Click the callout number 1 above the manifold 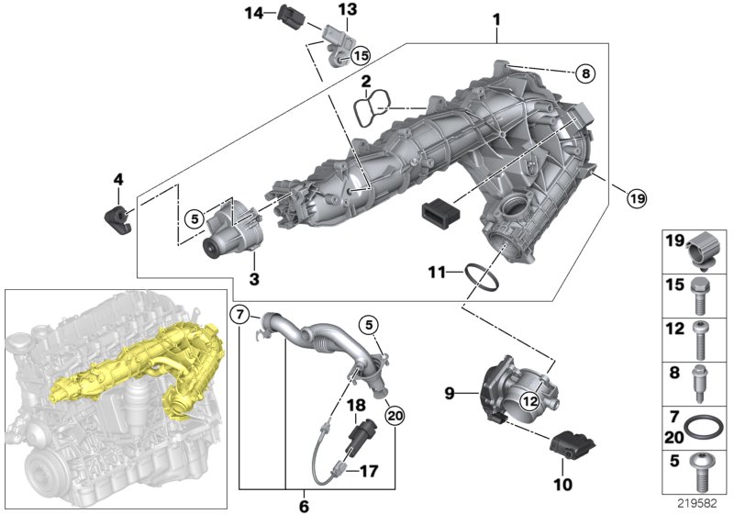(495, 18)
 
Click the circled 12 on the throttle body (528, 399)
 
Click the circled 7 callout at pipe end (240, 316)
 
